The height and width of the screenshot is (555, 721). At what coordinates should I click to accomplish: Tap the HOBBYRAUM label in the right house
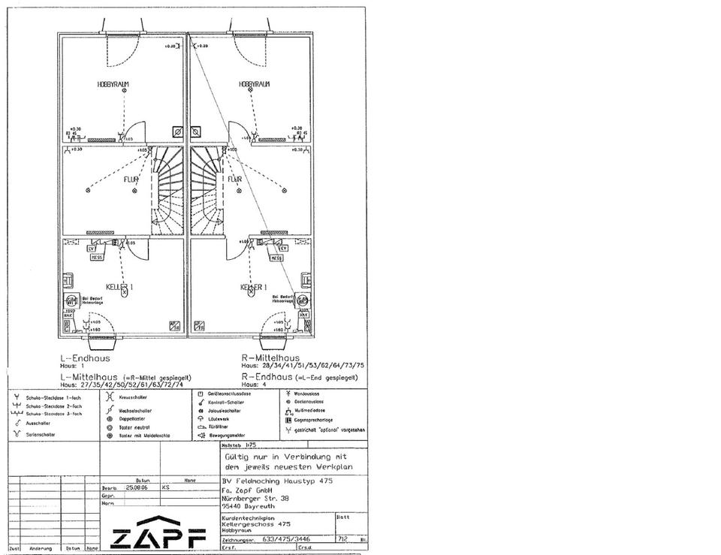pos(254,84)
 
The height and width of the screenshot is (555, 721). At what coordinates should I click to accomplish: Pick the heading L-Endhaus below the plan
pos(85,358)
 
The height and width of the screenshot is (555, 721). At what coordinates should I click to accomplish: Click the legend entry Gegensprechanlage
pos(312,420)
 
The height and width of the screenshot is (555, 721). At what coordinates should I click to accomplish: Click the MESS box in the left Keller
pos(97,257)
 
